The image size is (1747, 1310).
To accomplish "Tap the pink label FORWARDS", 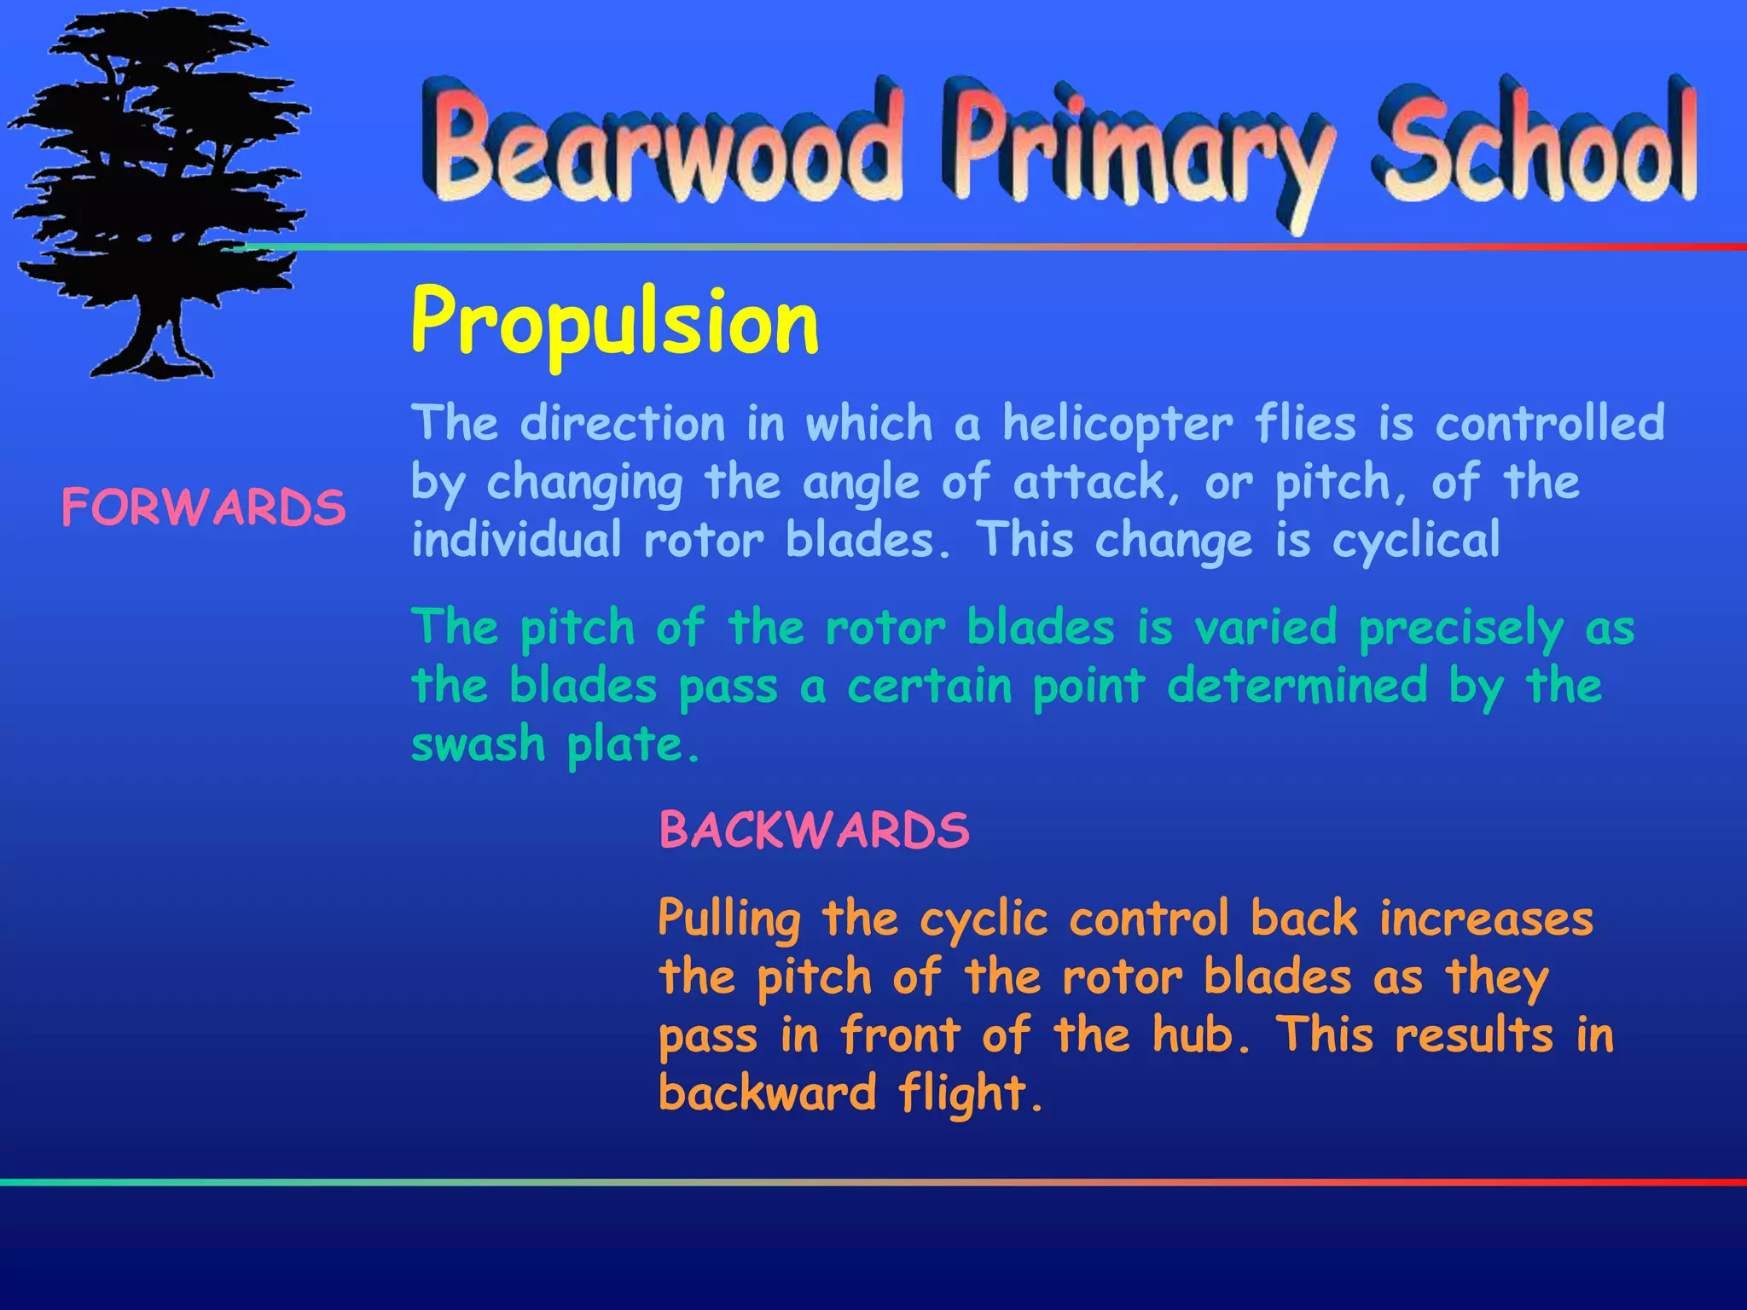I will point(204,508).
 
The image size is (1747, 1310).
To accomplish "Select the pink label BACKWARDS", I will point(815,830).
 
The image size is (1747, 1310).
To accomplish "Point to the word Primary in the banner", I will point(1139,154).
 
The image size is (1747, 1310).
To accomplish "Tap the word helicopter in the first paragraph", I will point(1117,424).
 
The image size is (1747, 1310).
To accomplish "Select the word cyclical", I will point(1416,541).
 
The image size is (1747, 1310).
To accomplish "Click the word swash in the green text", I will point(478,744).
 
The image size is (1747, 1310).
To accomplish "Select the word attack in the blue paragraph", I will point(1088,483).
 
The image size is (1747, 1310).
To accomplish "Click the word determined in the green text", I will point(1297,686).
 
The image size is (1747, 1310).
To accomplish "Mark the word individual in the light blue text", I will point(516,541).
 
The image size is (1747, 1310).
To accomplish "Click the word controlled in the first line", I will point(1549,424).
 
